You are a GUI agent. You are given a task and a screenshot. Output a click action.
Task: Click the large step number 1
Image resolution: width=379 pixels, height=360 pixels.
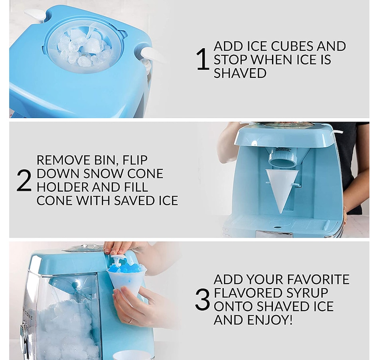tap(203, 60)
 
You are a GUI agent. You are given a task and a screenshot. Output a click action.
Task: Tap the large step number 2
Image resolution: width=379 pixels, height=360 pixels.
tap(24, 181)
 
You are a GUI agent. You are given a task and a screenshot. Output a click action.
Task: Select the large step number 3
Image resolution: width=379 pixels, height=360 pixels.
tap(202, 300)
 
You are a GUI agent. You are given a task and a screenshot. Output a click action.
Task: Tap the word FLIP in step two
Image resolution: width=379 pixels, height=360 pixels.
tap(132, 160)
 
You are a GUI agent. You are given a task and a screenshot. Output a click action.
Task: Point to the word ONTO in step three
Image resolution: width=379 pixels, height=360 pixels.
tap(233, 307)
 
